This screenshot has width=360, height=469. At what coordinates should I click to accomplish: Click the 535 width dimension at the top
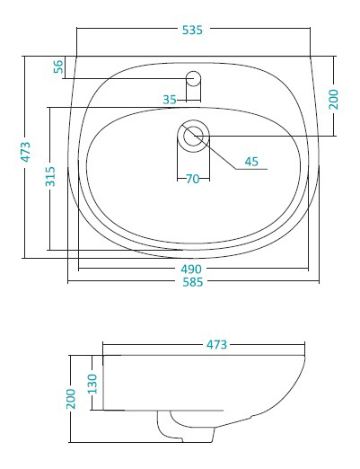(x=192, y=30)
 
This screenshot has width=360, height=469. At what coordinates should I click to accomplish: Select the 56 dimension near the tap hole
(x=58, y=66)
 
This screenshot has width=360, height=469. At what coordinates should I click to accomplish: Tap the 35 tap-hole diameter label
(x=170, y=100)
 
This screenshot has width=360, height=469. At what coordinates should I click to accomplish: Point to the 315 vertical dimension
(x=50, y=176)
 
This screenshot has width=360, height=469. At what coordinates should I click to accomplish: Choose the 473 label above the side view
(x=216, y=345)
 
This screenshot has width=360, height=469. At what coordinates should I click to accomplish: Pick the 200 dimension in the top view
(x=333, y=99)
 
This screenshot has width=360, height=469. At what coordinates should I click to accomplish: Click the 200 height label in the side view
(x=71, y=399)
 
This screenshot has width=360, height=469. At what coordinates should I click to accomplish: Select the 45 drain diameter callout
(x=251, y=162)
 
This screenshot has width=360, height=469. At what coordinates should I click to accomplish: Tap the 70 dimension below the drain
(x=193, y=179)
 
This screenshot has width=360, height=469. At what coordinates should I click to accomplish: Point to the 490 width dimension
(x=191, y=270)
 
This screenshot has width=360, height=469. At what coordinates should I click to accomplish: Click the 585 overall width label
(x=193, y=282)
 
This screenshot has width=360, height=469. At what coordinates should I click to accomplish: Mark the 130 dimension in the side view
(x=92, y=384)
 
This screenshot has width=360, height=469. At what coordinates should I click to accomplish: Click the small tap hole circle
(x=193, y=78)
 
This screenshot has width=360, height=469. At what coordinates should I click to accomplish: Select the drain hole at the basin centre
(x=193, y=136)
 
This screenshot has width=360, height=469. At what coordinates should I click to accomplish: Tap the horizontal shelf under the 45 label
(x=251, y=169)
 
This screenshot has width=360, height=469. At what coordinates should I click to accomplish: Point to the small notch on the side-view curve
(x=251, y=416)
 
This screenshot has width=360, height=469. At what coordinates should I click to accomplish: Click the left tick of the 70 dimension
(x=178, y=179)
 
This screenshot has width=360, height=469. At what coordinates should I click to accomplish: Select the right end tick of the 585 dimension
(x=320, y=281)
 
